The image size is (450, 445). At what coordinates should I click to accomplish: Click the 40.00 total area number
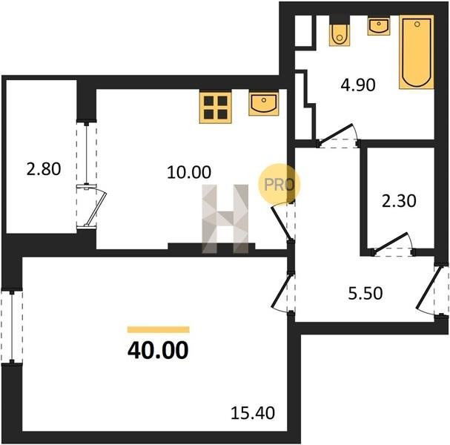tap(158, 351)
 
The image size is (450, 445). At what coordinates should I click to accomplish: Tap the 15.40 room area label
tap(253, 413)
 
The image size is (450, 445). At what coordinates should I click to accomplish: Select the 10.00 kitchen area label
tap(189, 173)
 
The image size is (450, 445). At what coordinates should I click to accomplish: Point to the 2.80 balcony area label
tap(44, 169)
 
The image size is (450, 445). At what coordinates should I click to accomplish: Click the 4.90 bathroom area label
tap(358, 85)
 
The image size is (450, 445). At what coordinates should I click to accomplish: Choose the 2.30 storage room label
tap(399, 201)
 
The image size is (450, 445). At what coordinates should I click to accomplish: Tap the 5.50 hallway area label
tap(365, 294)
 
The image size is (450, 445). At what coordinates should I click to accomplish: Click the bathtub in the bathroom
tap(417, 52)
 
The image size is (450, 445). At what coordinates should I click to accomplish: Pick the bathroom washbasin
tap(379, 27)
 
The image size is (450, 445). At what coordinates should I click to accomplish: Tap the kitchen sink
tap(264, 103)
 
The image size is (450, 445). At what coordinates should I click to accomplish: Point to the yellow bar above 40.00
tap(159, 329)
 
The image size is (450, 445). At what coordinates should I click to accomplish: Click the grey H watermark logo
tap(225, 219)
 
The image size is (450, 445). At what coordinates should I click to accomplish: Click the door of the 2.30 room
tap(393, 244)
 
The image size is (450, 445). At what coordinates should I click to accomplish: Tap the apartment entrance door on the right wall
tap(431, 290)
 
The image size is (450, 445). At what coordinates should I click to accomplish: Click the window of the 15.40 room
tap(12, 327)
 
